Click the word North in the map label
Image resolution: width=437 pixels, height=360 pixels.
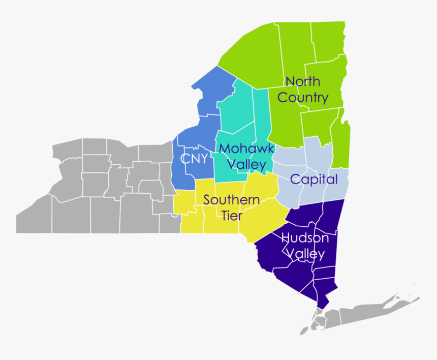302,81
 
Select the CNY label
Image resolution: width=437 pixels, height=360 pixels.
194,159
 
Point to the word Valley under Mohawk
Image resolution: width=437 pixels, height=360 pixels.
246,165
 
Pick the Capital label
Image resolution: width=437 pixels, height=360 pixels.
314,179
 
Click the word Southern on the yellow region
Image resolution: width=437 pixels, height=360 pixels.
232,200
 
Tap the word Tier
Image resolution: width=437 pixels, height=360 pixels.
232,216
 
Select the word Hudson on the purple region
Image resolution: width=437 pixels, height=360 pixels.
305,238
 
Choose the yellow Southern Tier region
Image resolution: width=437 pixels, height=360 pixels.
259,224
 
